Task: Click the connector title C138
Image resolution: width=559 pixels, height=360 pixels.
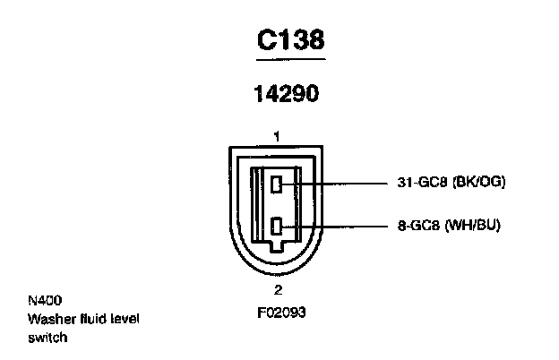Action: pos(289,39)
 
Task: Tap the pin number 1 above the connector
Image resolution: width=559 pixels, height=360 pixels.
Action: pos(278,137)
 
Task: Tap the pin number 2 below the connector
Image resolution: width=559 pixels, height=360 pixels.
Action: pos(278,289)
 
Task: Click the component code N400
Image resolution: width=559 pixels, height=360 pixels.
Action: pos(43,300)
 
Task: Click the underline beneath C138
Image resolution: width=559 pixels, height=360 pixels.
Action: pos(290,59)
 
